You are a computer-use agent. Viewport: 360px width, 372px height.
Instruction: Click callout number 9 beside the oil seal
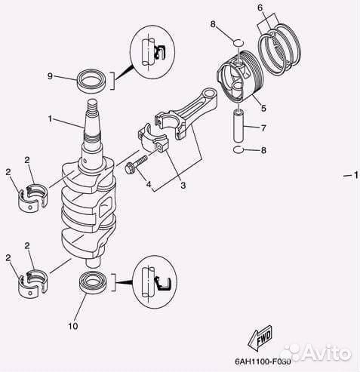[50, 76]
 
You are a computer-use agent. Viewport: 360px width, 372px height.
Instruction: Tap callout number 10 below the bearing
[72, 326]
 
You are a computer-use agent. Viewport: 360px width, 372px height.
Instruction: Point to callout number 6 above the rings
[260, 8]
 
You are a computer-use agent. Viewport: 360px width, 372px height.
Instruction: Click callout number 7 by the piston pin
[263, 128]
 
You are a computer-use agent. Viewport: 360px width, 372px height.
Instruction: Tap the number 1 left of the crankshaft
[51, 118]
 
